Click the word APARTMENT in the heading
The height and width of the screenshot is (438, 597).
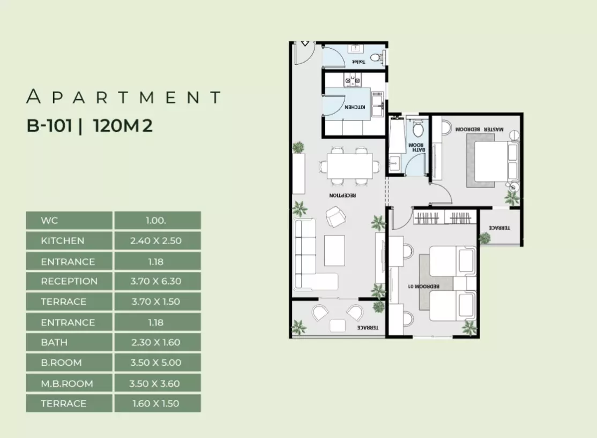(123, 97)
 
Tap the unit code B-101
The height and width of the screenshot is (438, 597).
(49, 126)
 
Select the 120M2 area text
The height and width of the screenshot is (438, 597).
(123, 126)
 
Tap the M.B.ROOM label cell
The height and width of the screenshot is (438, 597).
(69, 383)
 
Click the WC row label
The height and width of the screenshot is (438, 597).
(69, 220)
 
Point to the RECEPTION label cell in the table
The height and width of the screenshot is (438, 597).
(69, 281)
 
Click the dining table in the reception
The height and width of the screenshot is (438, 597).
(349, 166)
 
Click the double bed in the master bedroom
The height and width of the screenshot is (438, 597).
(493, 161)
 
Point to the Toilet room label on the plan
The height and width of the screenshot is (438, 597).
(359, 62)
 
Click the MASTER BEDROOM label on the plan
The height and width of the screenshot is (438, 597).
(479, 130)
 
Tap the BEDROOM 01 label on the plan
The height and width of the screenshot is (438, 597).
(424, 286)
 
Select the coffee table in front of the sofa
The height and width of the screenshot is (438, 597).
(334, 251)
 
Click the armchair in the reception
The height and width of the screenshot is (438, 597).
(336, 217)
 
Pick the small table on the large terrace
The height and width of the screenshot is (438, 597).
(337, 326)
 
